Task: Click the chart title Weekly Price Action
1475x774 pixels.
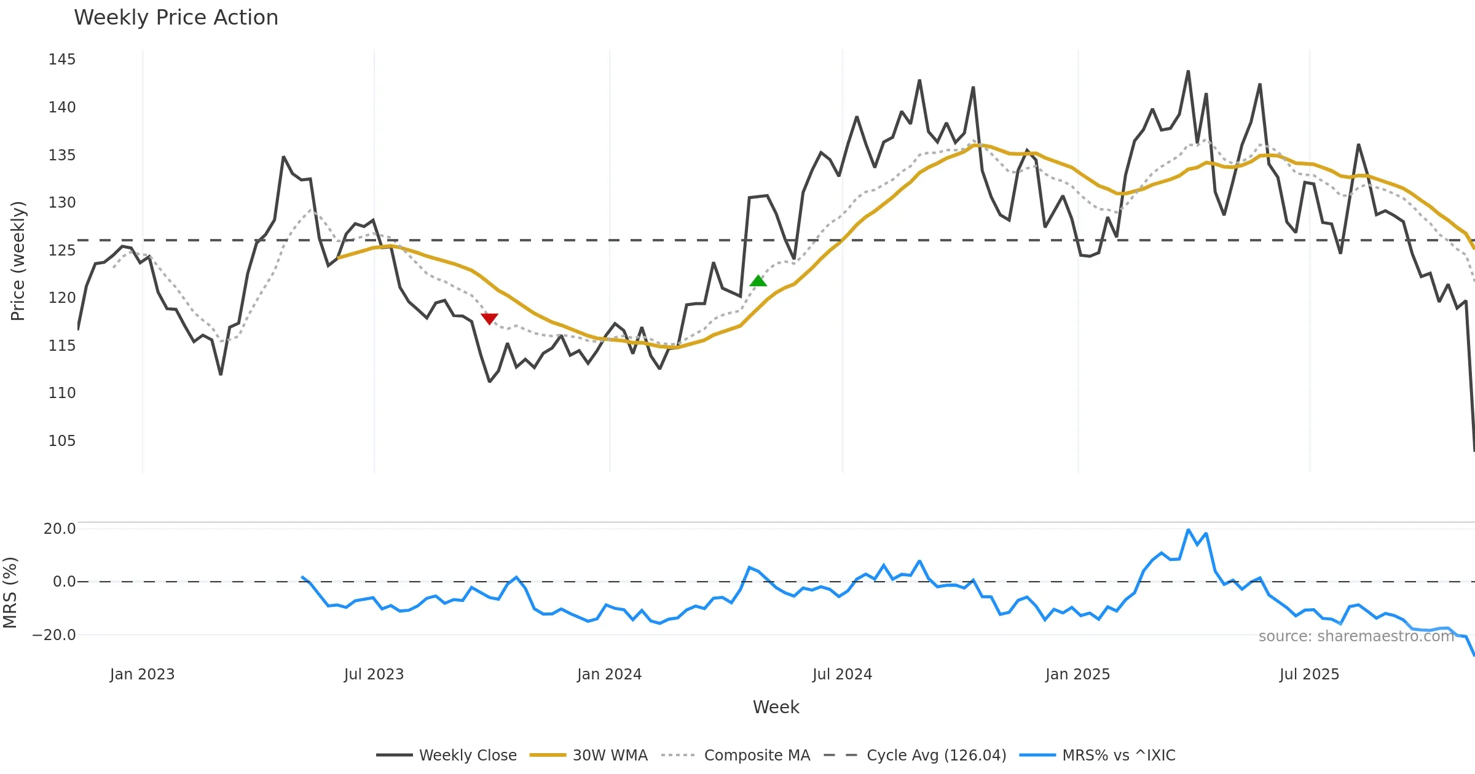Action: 176,18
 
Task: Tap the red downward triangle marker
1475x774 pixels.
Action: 489,318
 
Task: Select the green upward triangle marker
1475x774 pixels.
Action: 758,281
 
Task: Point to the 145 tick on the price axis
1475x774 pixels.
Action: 62,60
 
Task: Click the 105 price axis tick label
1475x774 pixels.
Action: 62,441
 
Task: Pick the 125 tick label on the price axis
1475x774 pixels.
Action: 62,251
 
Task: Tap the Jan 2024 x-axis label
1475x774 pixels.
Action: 609,674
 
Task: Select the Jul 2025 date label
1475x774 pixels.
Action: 1309,674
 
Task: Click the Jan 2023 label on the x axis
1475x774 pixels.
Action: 143,674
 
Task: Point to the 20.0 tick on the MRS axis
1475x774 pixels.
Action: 60,529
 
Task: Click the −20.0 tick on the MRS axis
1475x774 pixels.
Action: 54,635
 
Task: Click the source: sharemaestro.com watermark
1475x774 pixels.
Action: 1356,636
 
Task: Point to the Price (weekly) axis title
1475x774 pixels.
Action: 18,261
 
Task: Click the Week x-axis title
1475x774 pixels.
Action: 776,707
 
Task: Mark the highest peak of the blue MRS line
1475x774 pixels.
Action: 1188,530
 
